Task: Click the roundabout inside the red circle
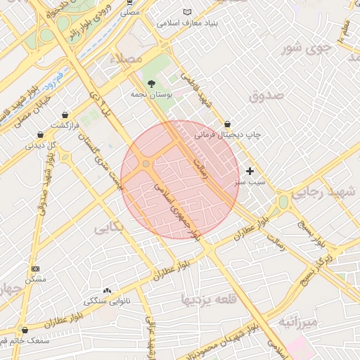point(146,164)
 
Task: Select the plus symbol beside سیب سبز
point(250,171)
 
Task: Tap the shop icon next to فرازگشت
point(65,115)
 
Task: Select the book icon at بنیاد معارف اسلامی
point(187,12)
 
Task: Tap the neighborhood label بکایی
point(108,226)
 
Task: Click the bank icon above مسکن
point(36,269)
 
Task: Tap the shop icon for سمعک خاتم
point(25,330)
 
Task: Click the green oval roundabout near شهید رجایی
point(283,202)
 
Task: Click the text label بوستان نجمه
point(153,94)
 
